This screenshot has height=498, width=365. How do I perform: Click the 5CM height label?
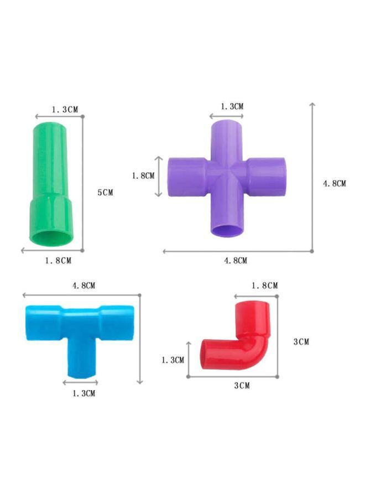[x=105, y=193]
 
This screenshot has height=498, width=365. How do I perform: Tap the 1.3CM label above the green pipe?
[x=65, y=110]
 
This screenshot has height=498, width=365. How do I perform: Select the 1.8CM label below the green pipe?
[x=58, y=260]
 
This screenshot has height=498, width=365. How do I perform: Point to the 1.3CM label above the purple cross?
[x=232, y=106]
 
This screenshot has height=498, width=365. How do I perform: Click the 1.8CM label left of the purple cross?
[x=143, y=175]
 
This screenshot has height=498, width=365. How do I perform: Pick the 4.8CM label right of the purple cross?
[x=335, y=184]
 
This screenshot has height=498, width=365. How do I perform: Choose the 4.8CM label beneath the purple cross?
[x=236, y=260]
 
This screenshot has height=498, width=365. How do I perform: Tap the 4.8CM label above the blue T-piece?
[x=84, y=286]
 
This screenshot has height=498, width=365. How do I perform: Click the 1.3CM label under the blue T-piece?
[x=84, y=393]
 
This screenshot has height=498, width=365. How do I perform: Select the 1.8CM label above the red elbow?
[x=264, y=286]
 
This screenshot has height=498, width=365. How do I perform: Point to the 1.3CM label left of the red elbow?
[x=173, y=360]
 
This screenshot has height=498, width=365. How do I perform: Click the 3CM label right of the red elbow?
[x=301, y=342]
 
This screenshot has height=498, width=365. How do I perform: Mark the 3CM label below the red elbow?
[x=242, y=385]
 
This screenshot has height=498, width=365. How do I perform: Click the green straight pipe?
[x=51, y=177]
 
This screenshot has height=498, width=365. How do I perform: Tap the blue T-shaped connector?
[x=79, y=332]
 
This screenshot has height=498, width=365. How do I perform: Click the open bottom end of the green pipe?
[x=51, y=238]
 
